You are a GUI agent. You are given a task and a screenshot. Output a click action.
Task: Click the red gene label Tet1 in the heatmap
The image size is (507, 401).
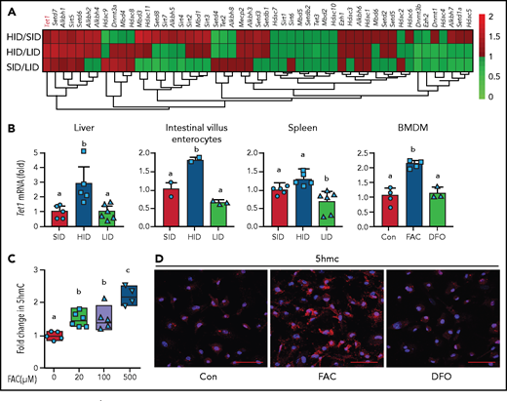click(x=46, y=18)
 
